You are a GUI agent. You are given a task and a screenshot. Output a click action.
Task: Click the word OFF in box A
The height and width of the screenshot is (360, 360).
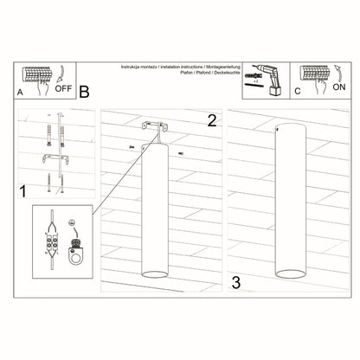(63, 87)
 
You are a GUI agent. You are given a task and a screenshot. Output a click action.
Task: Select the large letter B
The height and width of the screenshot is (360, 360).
(84, 90)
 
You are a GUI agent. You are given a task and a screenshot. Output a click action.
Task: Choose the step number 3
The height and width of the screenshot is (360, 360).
(235, 281)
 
